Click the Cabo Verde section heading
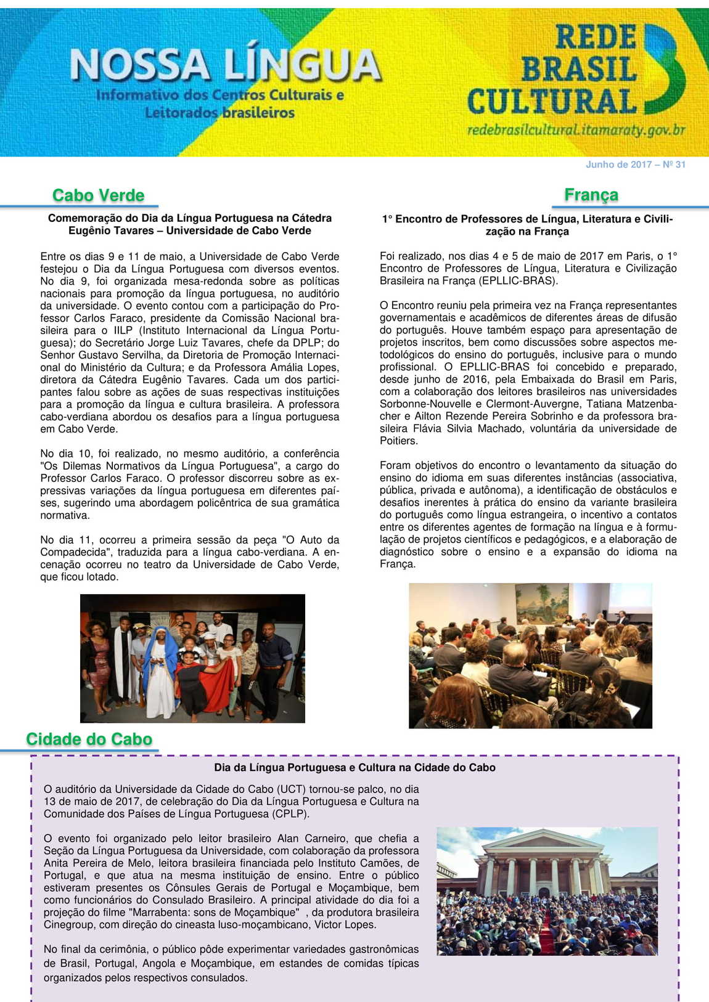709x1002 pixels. point(98,195)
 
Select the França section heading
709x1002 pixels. point(591,195)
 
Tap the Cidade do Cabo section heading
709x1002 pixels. point(89,739)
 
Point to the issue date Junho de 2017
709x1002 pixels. point(618,165)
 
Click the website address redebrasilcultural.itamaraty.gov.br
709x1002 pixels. point(576,130)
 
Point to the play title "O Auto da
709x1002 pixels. point(310,540)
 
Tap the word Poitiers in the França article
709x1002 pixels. point(398,441)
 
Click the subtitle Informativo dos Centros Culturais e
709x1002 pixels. point(220,96)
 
